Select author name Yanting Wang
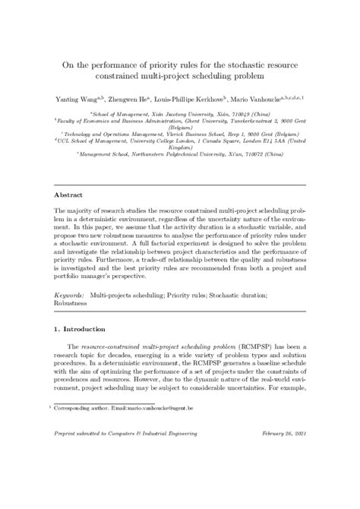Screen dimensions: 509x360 [x=77, y=99]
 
